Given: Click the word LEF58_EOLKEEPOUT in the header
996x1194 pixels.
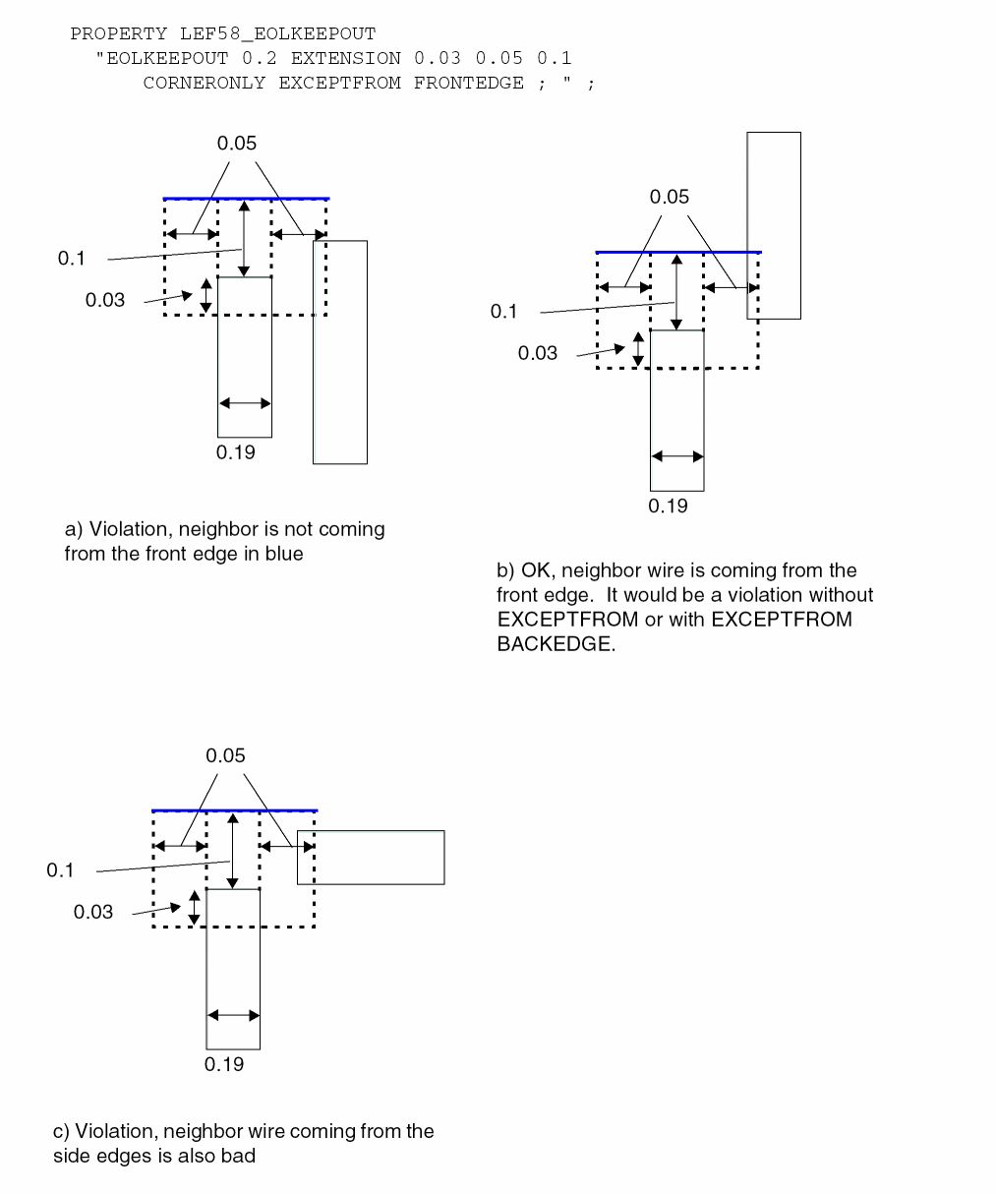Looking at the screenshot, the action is [278, 33].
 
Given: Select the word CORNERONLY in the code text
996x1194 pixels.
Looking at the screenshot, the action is [205, 83].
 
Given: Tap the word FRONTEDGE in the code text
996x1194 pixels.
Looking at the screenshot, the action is [468, 83].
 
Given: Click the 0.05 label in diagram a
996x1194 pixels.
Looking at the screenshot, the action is [237, 143].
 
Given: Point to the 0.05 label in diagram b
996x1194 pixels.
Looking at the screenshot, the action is [669, 197].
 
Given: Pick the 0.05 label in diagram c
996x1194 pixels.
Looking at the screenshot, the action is [225, 755].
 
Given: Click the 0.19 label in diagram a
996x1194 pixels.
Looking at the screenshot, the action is [236, 452].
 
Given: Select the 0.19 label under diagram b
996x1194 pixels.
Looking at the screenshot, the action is [668, 506].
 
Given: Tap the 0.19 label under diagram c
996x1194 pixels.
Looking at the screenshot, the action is [224, 1064].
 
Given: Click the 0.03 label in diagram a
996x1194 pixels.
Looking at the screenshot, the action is [104, 300].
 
